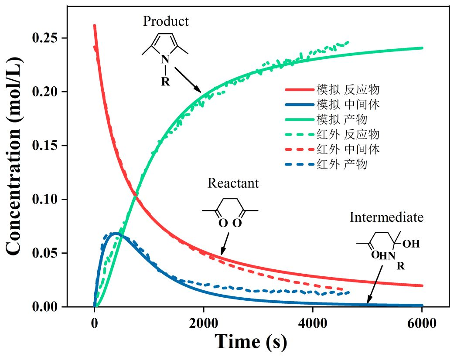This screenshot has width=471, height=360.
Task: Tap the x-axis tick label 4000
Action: [x=313, y=323]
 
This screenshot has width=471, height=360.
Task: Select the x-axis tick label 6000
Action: [x=422, y=323]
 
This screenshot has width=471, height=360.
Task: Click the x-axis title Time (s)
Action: [x=251, y=342]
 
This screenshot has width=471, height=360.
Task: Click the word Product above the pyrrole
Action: [x=166, y=21]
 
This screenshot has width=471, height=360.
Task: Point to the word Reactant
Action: [x=233, y=183]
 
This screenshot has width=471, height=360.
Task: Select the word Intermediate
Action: [x=386, y=217]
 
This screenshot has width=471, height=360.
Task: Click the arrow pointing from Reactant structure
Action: [x=225, y=242]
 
